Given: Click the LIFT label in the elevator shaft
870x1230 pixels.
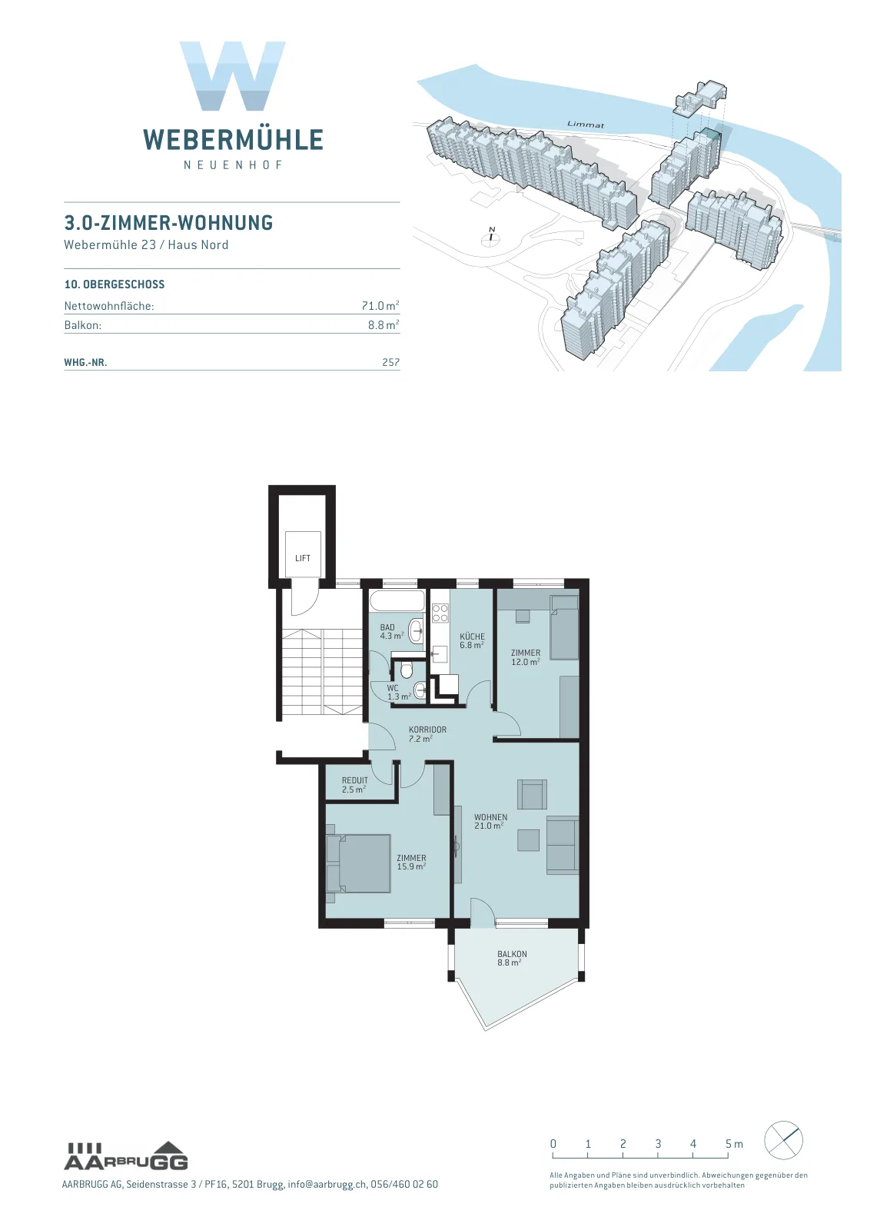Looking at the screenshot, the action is pos(303,558).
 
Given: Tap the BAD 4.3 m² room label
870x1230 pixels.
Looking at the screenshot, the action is pos(392,631).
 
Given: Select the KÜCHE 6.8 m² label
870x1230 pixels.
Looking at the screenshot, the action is pos(472,641).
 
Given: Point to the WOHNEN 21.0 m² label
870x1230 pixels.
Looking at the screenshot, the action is pos(490,822).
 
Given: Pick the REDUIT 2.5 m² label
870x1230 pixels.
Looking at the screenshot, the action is pos(354,785).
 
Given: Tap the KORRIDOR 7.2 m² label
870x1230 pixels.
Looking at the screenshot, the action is pos(427,733).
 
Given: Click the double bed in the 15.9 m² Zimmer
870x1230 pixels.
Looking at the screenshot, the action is pos(358,864).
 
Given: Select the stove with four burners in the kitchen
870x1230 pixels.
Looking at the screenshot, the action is pos(440,613).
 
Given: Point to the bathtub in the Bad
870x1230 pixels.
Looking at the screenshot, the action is pos(397,600).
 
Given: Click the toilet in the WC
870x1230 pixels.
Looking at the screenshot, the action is pos(407,670).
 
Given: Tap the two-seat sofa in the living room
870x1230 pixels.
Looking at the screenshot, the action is pos(562,845).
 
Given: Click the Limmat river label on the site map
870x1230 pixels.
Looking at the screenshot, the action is pos(585,125).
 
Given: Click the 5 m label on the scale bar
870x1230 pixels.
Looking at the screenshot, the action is pos(734,1143).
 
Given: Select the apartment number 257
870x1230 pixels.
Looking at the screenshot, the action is pos(391,362).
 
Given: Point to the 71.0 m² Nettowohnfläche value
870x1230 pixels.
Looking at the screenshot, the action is pos(380,305).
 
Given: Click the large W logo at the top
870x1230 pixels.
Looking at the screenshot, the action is pos(233,76).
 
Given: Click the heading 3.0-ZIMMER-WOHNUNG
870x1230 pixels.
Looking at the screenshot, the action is pos(168,222).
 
